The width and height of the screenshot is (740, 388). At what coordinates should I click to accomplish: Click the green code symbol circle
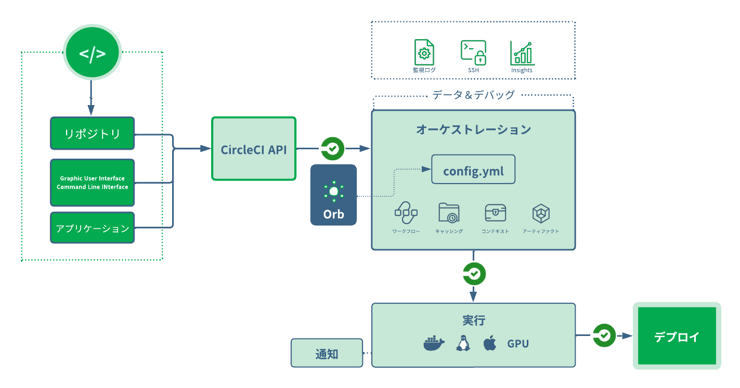[92, 54]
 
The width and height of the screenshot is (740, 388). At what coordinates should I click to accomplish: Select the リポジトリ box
[92, 134]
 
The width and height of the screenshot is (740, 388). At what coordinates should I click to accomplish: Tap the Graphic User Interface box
[92, 183]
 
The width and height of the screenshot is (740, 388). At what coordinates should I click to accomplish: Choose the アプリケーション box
[92, 228]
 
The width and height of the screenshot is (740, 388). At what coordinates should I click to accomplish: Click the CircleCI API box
[254, 149]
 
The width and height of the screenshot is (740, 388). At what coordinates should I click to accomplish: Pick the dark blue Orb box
[333, 195]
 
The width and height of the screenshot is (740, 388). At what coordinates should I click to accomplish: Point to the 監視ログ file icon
[424, 52]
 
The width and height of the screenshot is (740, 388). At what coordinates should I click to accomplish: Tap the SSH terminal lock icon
[473, 52]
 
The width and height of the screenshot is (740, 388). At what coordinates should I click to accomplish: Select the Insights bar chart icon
[522, 53]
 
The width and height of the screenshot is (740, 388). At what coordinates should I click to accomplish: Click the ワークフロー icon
[406, 212]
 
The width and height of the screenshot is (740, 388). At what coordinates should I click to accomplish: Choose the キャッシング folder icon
[449, 213]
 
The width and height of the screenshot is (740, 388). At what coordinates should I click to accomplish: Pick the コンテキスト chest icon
[495, 213]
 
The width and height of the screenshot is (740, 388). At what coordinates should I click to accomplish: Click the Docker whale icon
[434, 343]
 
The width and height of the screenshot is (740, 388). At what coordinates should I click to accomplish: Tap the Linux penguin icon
[462, 343]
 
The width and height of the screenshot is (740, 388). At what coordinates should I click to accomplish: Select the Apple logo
[489, 343]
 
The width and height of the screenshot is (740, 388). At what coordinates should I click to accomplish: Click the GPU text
[518, 344]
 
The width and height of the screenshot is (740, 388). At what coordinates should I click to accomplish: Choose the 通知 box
[327, 353]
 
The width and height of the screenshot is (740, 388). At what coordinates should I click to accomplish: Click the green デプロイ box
[677, 336]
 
